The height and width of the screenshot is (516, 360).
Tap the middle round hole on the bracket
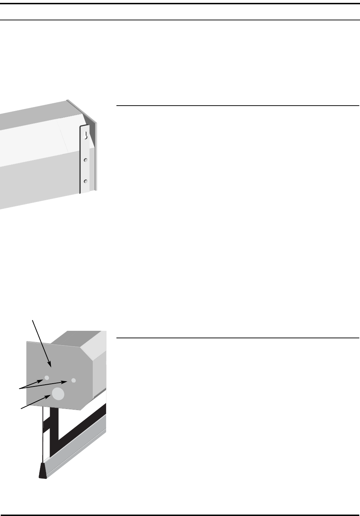click(85, 160)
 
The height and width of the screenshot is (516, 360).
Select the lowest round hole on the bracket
click(85, 181)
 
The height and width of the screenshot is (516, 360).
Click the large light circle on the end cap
click(58, 394)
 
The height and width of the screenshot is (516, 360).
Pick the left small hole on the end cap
click(46, 377)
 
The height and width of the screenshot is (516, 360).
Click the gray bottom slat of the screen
click(79, 453)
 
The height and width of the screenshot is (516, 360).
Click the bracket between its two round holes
click(85, 171)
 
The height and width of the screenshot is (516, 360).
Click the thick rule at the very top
click(180, 4)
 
